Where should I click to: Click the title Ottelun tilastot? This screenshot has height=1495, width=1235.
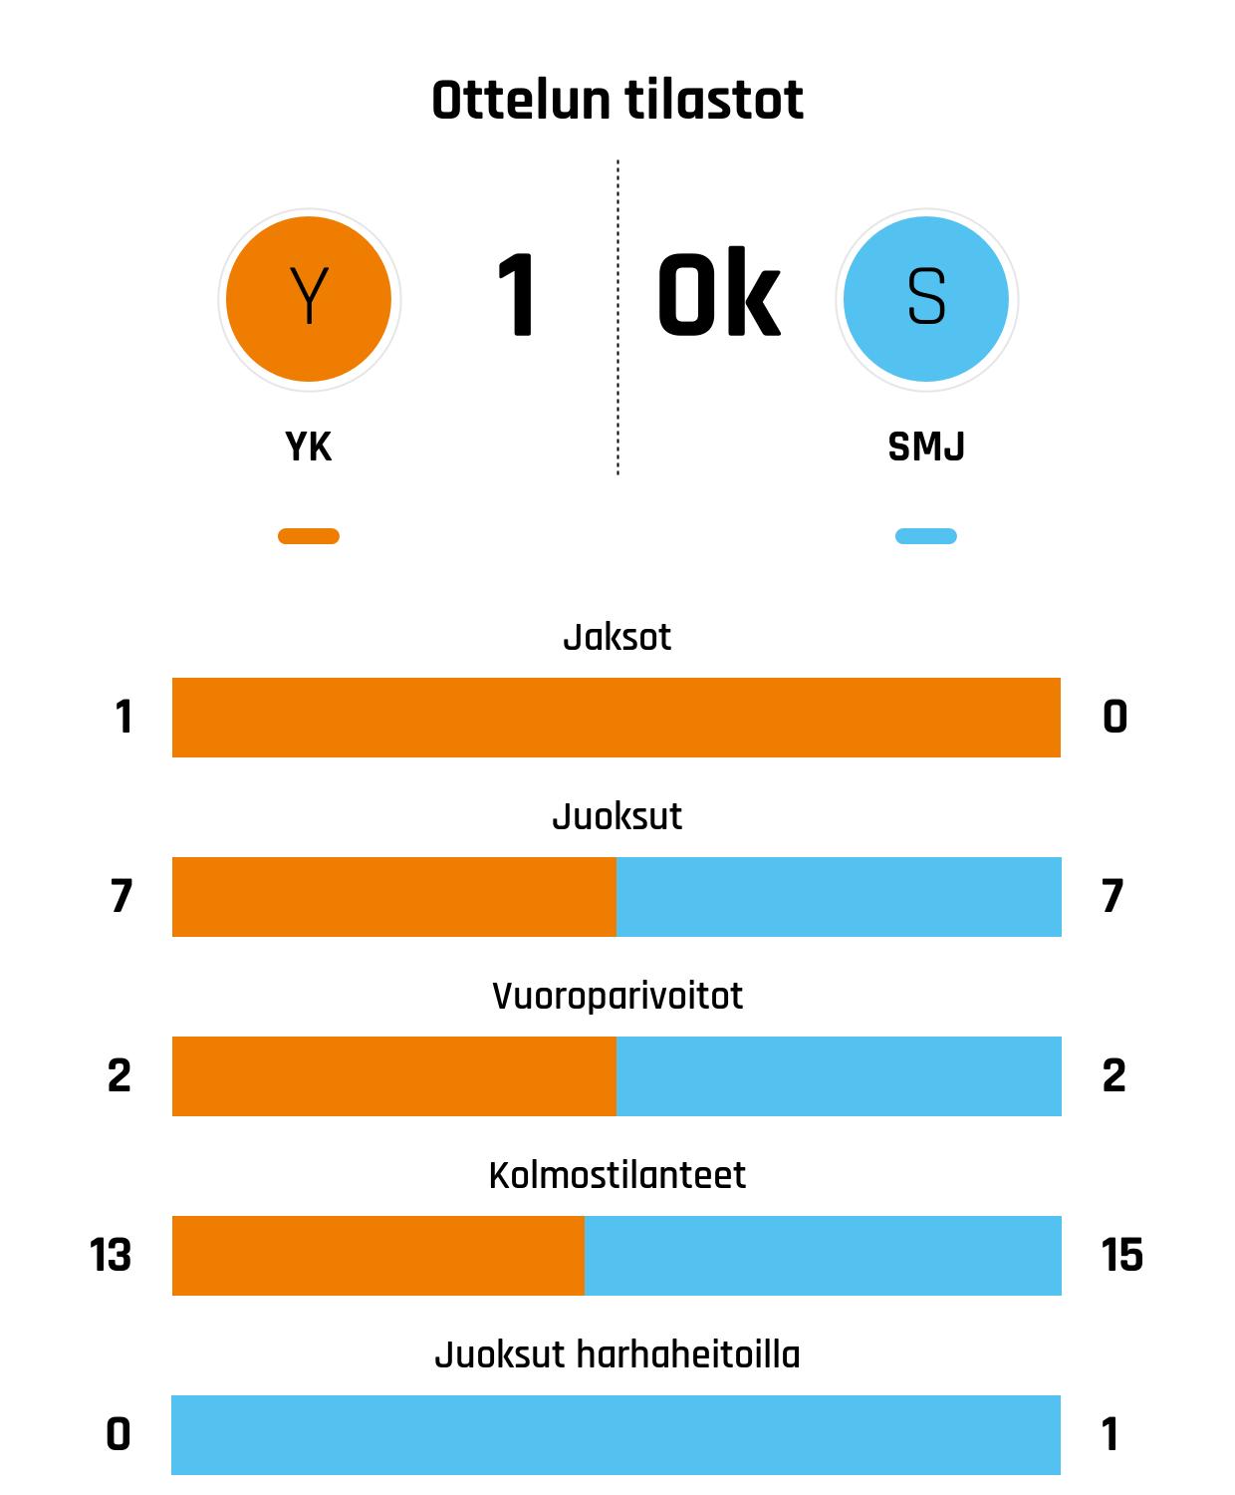click(617, 101)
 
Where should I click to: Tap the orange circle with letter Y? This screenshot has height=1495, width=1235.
click(309, 299)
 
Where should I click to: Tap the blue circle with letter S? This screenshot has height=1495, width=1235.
click(926, 299)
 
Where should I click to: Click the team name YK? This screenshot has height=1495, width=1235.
click(309, 447)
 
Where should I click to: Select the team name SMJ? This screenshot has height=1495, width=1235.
click(926, 447)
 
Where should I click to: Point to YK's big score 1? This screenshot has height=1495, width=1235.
click(517, 296)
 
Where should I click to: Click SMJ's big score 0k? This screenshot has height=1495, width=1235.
click(718, 296)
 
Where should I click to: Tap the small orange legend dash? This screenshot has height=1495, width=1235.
click(309, 536)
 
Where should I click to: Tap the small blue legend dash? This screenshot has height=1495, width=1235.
click(926, 536)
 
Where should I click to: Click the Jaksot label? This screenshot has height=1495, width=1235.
click(617, 637)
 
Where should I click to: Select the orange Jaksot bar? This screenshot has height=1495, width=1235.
click(617, 718)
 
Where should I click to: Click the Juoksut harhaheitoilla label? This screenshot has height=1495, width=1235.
click(617, 1354)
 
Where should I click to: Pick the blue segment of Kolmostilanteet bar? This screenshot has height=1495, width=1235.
click(823, 1256)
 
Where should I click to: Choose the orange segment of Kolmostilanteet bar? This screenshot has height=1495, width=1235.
click(378, 1256)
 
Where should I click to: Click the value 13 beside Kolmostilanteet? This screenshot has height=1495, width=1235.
click(111, 1255)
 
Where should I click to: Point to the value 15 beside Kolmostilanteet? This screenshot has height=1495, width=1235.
click(1122, 1255)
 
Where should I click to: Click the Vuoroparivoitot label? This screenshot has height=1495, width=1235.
click(617, 996)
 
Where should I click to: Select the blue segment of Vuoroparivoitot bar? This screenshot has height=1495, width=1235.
click(839, 1076)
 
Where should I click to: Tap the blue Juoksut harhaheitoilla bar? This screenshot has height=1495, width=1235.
click(617, 1435)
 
